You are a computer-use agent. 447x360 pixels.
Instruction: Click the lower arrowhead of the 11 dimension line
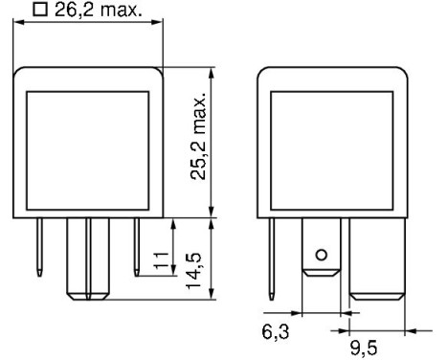(174, 271)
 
